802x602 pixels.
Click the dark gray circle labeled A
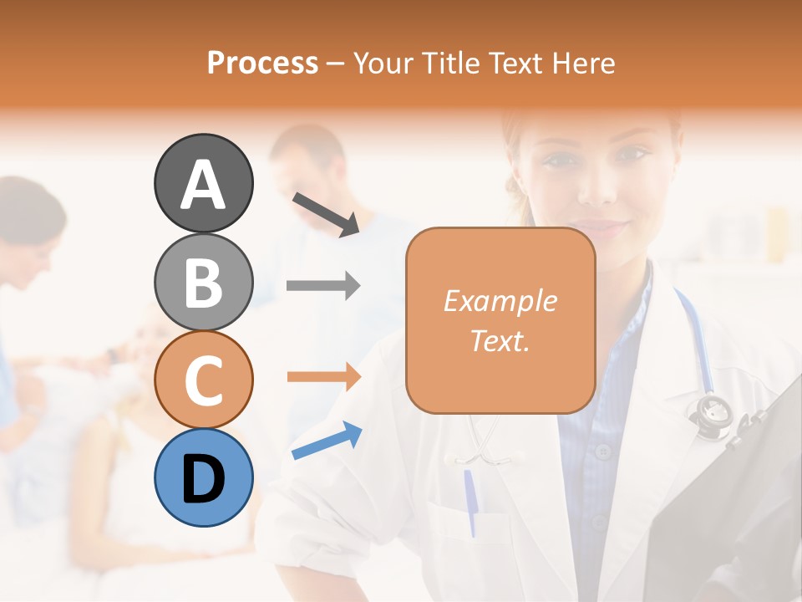[203, 183]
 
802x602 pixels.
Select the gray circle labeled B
[203, 282]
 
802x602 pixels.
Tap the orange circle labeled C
[203, 380]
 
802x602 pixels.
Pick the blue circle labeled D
[203, 477]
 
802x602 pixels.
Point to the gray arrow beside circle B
[323, 286]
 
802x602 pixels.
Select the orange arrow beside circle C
[323, 377]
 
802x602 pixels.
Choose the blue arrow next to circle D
[327, 441]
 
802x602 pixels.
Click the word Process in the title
[262, 63]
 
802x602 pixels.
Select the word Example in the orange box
[500, 301]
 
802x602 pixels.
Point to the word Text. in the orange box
[500, 340]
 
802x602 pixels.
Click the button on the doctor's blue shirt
[603, 451]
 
